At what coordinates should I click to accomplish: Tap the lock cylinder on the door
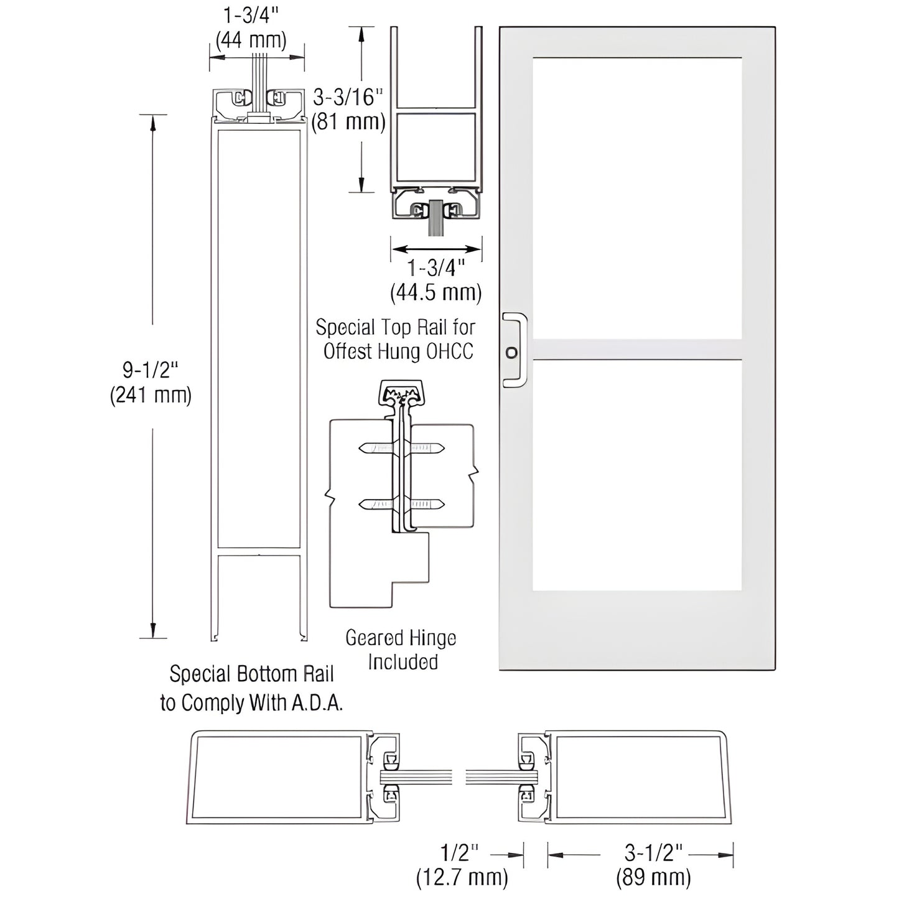coord(511,353)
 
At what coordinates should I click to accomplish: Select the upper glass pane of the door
coord(637,198)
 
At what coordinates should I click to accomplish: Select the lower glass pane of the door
coord(637,475)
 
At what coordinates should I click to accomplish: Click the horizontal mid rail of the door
coord(637,350)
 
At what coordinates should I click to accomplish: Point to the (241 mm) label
coord(151,395)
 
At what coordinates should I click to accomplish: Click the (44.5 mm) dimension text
coord(436,292)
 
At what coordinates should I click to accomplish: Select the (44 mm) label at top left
coord(251,40)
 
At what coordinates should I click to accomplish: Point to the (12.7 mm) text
coord(462,877)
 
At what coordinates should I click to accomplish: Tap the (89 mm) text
coord(653,877)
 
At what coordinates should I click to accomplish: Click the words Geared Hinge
coord(401,638)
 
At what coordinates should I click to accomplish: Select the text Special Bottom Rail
coord(251,674)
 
